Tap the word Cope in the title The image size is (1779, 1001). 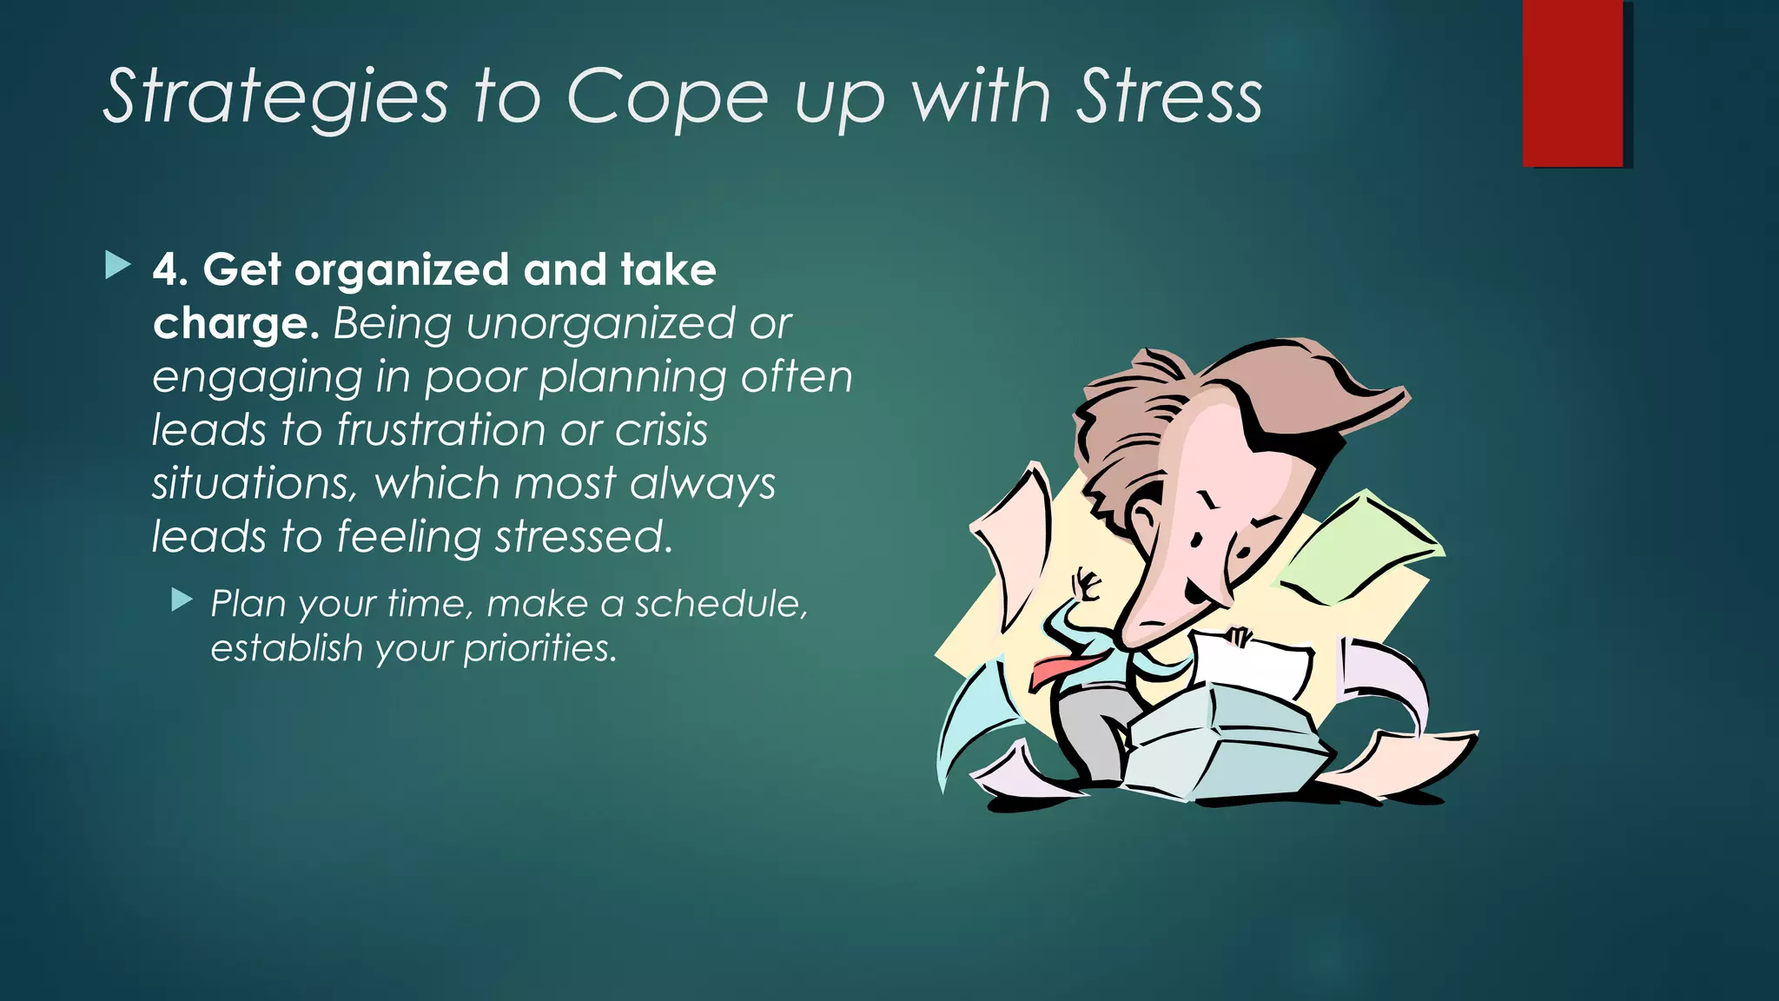(x=667, y=97)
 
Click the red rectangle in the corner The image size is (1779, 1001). (x=1572, y=83)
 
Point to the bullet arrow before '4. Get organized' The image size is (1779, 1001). (x=117, y=266)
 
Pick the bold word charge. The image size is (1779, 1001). (x=231, y=324)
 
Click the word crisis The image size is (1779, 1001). (x=662, y=430)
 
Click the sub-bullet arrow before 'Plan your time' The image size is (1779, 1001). (x=182, y=600)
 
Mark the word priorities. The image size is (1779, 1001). (x=539, y=648)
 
